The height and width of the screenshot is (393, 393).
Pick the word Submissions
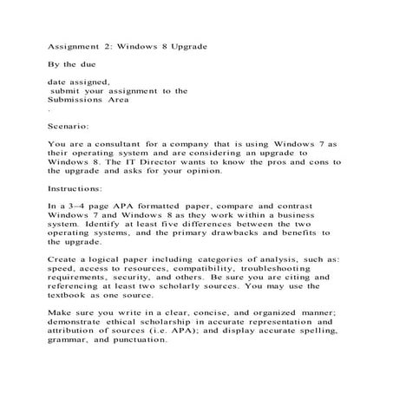coord(75,101)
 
